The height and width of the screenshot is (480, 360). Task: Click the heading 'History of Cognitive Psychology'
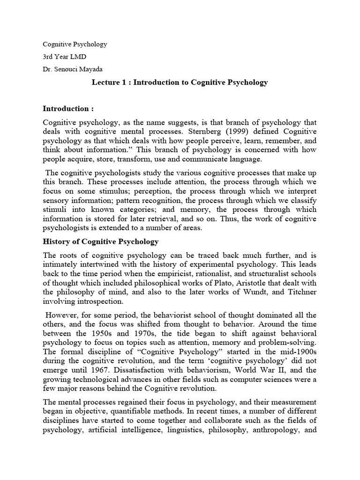(101, 242)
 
